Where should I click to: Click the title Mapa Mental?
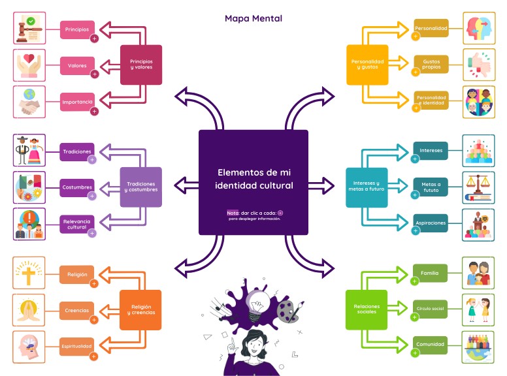[253, 18]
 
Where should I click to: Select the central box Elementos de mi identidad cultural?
[253, 182]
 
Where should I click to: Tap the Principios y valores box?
[140, 64]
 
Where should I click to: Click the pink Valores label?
[78, 65]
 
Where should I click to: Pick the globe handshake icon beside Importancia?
[29, 102]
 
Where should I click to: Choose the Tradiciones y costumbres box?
[140, 187]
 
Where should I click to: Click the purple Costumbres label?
[77, 187]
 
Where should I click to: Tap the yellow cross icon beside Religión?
[29, 273]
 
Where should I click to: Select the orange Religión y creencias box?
[140, 309]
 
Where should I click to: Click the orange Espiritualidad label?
[77, 345]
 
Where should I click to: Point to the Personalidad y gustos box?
[367, 64]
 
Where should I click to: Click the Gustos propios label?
[431, 64]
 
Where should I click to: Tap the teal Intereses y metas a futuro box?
[367, 187]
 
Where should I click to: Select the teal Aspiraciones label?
[431, 223]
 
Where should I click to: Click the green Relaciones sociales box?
[367, 309]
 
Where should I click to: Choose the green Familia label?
[430, 273]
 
